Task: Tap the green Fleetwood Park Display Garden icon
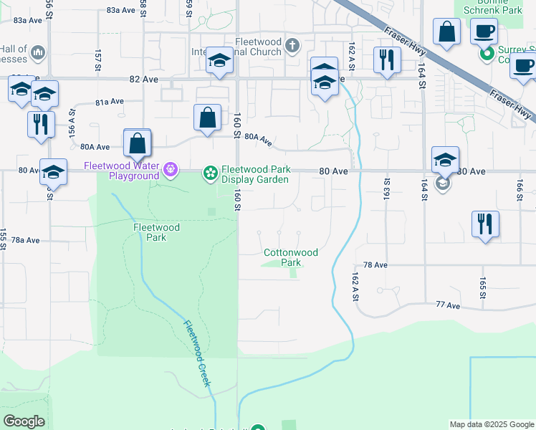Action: click(x=210, y=172)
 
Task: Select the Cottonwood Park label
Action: click(x=291, y=257)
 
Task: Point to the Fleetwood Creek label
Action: click(x=198, y=353)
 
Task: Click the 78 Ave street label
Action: click(x=375, y=265)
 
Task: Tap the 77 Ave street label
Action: click(x=448, y=305)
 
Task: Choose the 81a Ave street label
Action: click(x=110, y=102)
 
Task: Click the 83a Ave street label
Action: click(x=120, y=11)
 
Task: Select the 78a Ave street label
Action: click(x=24, y=240)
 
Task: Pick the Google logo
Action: click(x=24, y=421)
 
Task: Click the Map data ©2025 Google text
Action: click(x=492, y=424)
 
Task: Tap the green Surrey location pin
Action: click(x=487, y=54)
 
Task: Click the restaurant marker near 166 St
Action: click(x=485, y=224)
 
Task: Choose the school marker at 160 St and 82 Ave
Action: click(x=219, y=61)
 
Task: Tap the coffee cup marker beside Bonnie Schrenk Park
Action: click(x=484, y=32)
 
